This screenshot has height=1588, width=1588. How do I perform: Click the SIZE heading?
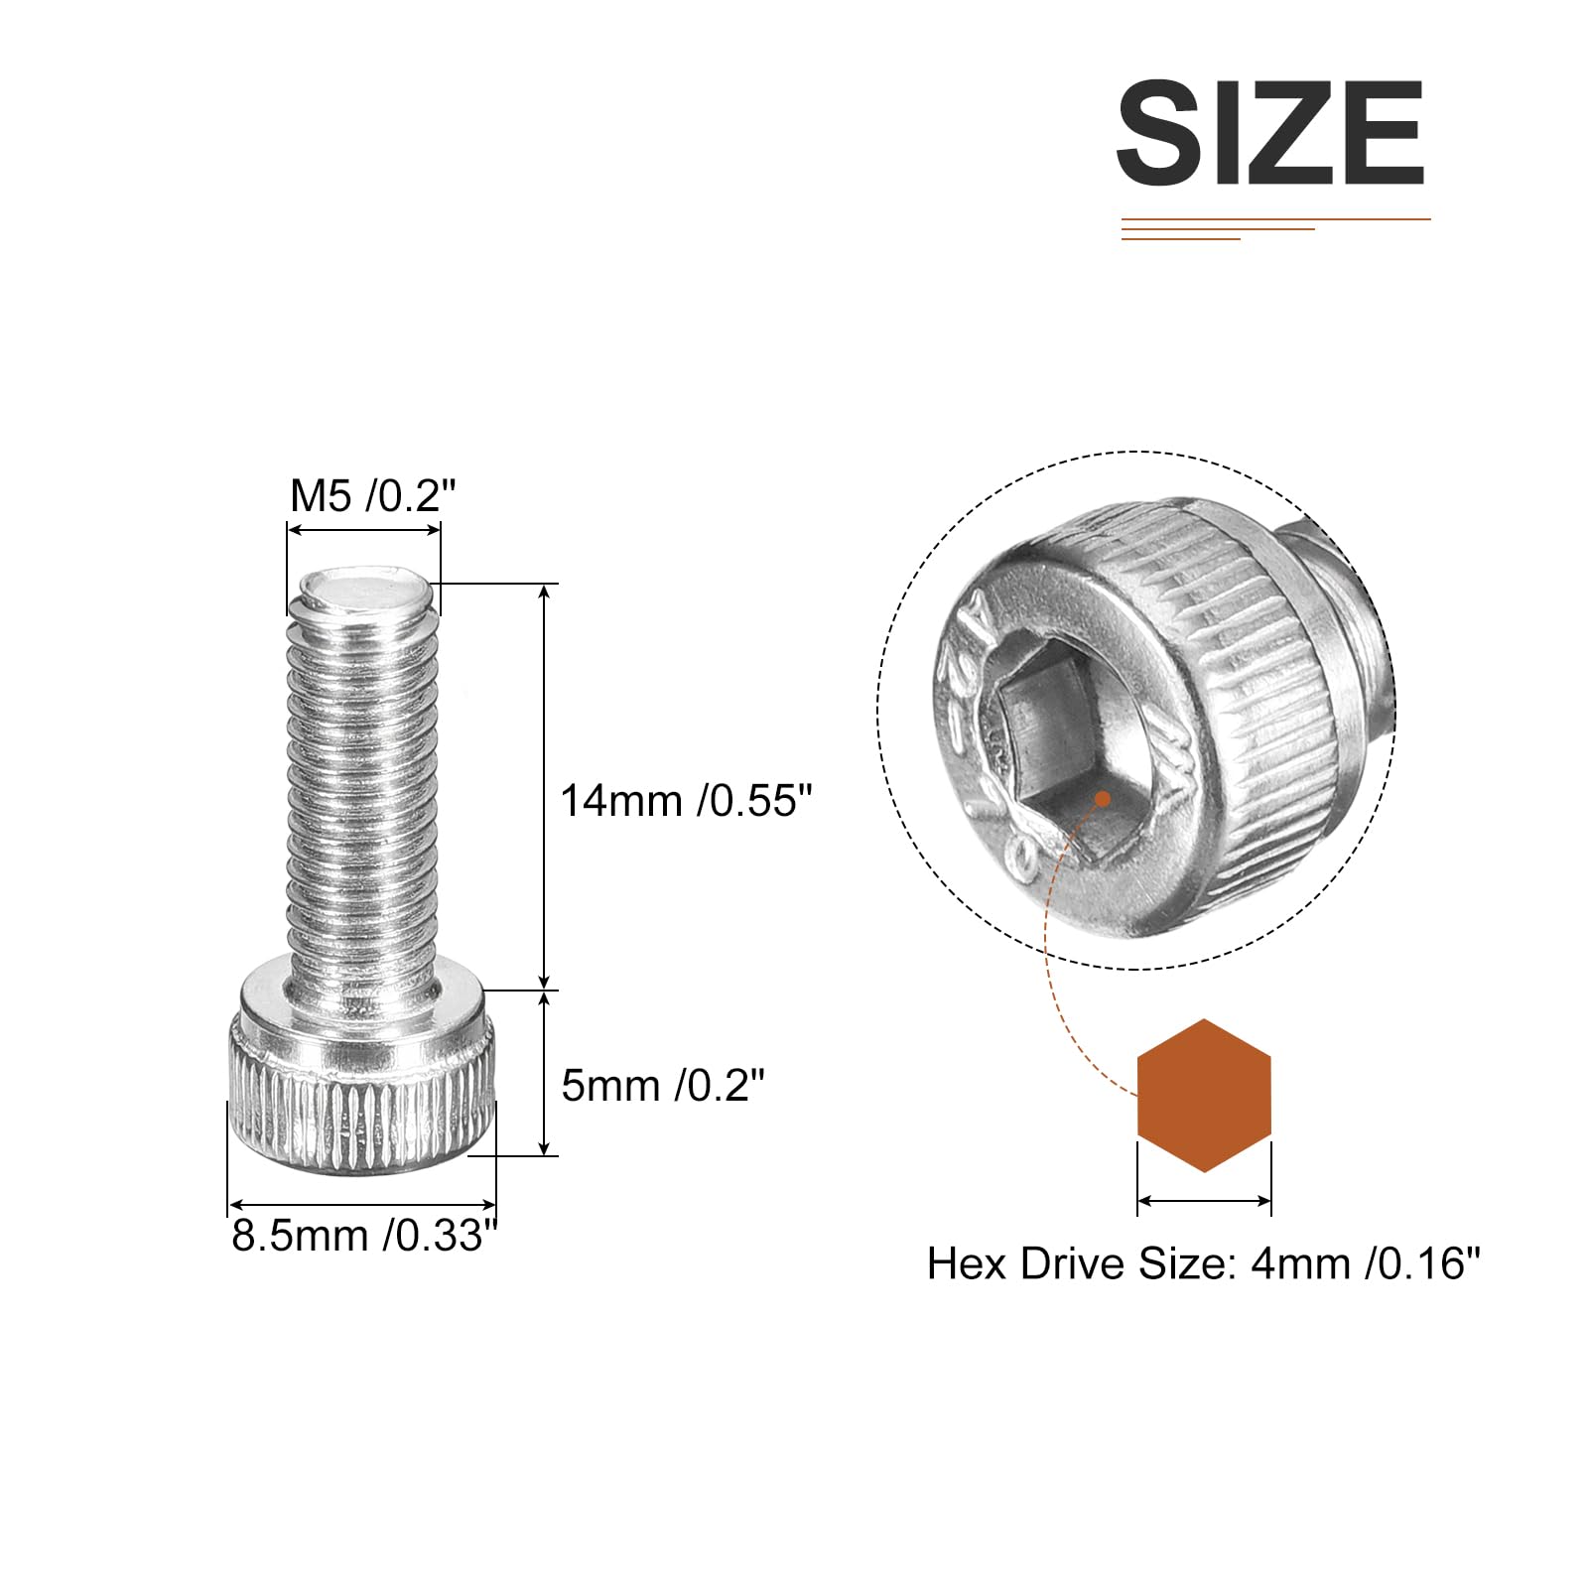point(1270,134)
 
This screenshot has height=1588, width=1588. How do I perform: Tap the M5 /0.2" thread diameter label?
point(373,495)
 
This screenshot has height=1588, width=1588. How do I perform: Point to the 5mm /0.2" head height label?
point(663,1085)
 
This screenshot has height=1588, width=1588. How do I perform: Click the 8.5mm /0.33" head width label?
point(364,1236)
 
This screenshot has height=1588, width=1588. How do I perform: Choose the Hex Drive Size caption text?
point(1204,1263)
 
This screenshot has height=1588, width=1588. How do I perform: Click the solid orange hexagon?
point(1204,1095)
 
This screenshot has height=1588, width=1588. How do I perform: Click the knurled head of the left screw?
point(362,1077)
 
